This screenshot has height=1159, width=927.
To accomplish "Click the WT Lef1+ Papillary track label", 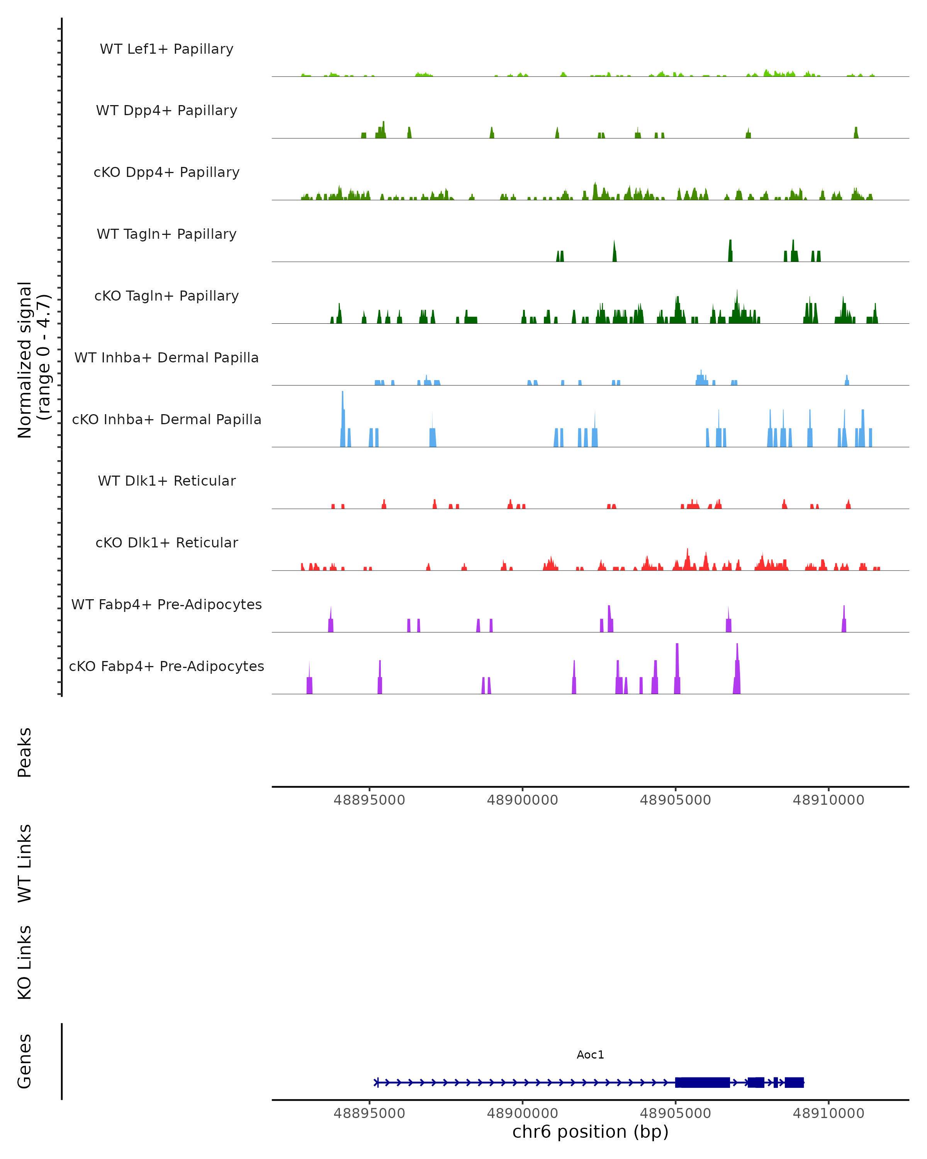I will click(x=166, y=49).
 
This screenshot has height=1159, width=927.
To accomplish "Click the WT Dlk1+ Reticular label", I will click(x=166, y=481).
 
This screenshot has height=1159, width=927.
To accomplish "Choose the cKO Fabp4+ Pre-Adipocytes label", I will click(x=166, y=666).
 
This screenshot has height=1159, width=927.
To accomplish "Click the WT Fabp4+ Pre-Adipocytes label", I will click(x=166, y=604).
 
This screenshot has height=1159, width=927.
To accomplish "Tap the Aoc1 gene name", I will click(x=590, y=1055).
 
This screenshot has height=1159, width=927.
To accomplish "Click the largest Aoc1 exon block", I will click(x=702, y=1082).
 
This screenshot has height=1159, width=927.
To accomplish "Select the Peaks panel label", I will click(x=25, y=752).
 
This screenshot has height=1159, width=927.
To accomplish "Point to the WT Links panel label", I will click(x=25, y=863).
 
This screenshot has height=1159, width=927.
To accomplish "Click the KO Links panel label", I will click(x=25, y=963).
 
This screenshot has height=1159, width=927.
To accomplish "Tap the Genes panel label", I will click(x=25, y=1061).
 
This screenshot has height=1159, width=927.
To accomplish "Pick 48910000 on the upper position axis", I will click(x=828, y=800).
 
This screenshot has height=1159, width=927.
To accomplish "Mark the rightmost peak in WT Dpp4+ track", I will click(x=856, y=133).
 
